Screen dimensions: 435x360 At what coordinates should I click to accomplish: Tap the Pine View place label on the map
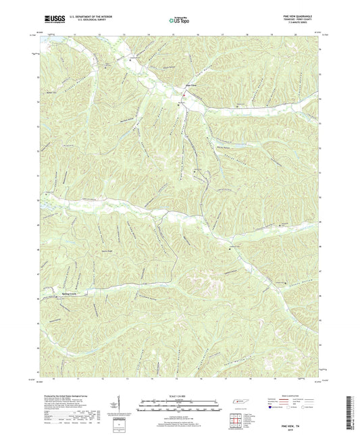coord(191,86)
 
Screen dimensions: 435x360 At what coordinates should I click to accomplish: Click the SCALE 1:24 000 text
coord(179,395)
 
